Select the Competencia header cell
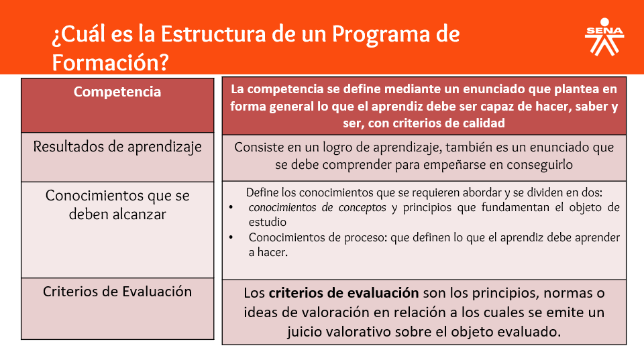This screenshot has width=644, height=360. point(117,92)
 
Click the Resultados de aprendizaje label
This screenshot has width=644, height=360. point(117,147)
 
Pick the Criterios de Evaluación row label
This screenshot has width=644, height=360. point(117,292)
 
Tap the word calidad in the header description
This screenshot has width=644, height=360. point(482,123)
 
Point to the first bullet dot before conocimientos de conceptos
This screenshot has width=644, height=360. point(231,208)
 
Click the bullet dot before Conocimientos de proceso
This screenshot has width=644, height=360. point(231,237)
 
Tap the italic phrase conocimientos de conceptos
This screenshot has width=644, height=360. point(317,208)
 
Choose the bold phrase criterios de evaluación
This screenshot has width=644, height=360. point(344,293)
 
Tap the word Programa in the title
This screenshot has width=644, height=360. point(378,34)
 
